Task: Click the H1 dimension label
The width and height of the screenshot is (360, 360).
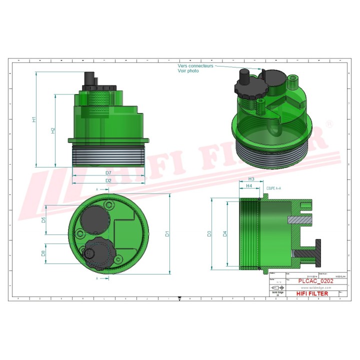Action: (34, 119)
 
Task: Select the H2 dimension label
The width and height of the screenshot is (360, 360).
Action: (53, 130)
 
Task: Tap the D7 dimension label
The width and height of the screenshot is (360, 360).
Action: (108, 173)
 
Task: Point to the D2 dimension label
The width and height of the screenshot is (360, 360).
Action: (108, 180)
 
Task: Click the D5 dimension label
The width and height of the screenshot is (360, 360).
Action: (44, 220)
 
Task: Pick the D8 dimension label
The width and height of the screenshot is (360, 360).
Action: (44, 253)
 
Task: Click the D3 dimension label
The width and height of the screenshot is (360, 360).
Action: (210, 233)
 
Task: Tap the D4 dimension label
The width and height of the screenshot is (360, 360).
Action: (225, 233)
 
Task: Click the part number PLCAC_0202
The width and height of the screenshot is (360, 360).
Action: (316, 281)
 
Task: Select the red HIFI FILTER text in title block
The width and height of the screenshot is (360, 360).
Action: (312, 293)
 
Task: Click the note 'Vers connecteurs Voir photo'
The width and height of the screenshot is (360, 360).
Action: (195, 68)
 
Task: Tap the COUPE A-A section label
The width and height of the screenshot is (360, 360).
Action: (274, 188)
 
